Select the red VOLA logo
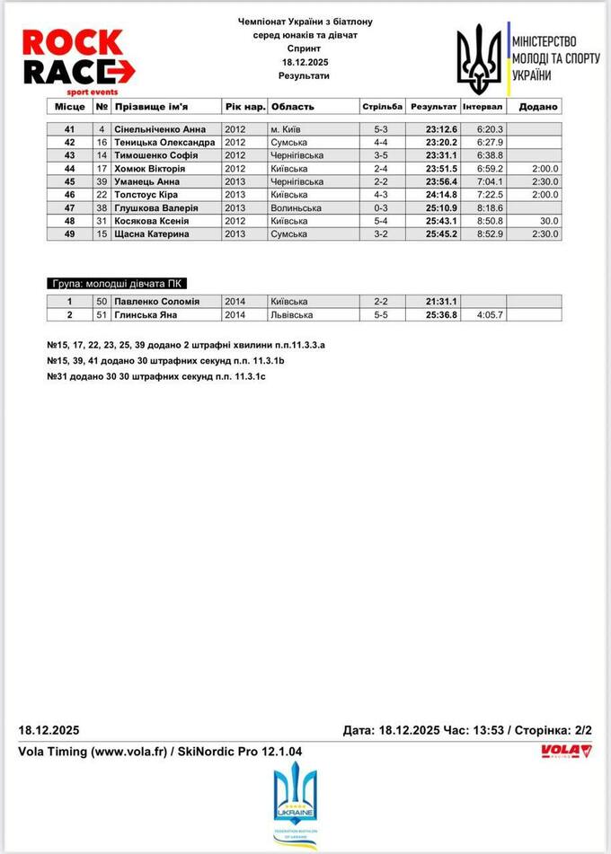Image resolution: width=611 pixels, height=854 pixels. pos(566,752)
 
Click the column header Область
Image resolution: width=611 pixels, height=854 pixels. pos(293,106)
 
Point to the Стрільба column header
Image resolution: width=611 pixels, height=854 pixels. pos(383,106)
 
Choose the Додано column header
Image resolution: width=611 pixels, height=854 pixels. pos(537,106)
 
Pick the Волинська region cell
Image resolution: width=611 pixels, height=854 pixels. pos(293,207)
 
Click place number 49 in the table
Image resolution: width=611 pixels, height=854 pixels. pos(69,233)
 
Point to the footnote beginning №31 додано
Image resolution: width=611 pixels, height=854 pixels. pos(155,376)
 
